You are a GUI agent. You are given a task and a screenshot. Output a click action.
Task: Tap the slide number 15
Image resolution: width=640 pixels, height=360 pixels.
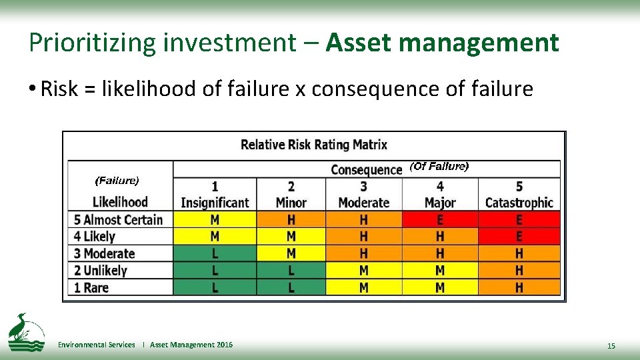611,346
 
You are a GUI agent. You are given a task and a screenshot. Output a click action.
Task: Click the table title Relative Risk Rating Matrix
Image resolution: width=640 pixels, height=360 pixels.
313,145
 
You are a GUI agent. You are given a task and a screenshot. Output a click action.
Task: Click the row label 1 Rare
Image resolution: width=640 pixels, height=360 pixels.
91,287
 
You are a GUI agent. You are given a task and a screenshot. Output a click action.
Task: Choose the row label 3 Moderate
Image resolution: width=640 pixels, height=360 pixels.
105,253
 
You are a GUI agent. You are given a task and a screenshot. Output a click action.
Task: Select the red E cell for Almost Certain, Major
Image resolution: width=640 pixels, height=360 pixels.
440,219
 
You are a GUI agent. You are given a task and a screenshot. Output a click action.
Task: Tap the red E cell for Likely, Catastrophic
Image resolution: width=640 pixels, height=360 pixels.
519,237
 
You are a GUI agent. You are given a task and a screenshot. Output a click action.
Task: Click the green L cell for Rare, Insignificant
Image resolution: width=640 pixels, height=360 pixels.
215,287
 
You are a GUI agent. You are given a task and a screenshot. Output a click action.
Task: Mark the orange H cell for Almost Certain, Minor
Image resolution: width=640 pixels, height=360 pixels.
291,219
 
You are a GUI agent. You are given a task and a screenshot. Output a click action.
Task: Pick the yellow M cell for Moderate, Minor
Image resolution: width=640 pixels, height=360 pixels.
291,253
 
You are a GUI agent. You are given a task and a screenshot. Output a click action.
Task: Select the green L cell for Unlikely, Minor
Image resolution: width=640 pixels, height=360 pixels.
291,271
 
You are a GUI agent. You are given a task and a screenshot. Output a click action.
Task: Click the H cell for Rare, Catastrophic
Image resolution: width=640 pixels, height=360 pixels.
519,287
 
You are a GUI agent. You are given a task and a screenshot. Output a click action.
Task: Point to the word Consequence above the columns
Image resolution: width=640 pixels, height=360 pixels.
366,169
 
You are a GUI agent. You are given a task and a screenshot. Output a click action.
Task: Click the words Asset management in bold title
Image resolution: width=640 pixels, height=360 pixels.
442,43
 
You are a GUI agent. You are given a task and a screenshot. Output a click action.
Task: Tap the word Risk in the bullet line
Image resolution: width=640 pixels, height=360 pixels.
58,89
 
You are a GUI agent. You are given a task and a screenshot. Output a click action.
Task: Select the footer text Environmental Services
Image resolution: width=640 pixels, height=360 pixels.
97,345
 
